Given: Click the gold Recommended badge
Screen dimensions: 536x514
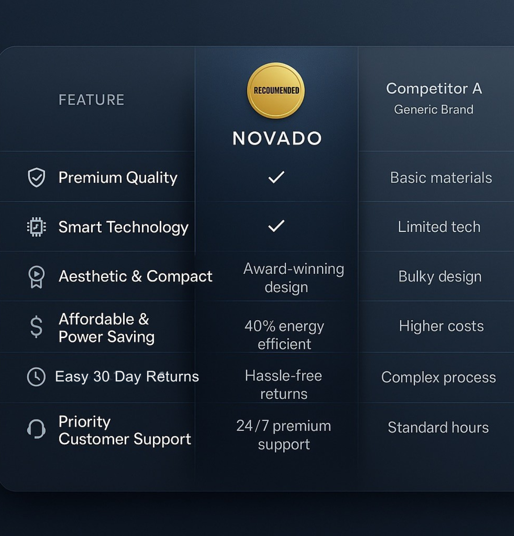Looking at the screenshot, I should pos(276,91).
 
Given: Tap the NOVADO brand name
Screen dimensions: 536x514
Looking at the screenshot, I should pos(277,138).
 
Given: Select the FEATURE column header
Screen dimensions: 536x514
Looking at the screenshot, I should pos(92,100).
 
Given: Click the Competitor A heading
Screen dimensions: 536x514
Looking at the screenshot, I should pos(434,88).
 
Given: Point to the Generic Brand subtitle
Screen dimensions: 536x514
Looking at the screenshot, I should pos(434,109).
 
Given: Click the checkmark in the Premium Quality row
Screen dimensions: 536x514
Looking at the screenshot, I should pos(276,177).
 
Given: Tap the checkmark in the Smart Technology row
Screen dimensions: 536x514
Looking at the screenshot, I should pos(276,226).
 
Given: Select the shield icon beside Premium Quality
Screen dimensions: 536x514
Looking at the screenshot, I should pos(36,177).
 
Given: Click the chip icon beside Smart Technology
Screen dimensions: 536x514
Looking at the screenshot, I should pos(36,227).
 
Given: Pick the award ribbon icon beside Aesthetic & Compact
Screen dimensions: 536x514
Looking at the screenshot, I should pos(36,277).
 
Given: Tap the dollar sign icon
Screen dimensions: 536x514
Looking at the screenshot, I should pos(36,327).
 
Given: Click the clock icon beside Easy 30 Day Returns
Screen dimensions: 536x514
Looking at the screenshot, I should pos(36,377).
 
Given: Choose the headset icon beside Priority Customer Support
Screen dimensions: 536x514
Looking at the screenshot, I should pos(36,429).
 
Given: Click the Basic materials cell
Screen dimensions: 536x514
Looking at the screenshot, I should pos(441,178).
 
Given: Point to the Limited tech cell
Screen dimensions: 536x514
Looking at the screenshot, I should pos(439,227).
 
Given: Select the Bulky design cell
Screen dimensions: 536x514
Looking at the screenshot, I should pos(440,276).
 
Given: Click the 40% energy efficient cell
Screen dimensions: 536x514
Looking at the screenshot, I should pos(284,335).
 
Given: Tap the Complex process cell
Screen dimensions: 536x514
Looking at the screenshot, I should pos(438,377).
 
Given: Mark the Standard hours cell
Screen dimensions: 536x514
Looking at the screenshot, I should pos(438,427).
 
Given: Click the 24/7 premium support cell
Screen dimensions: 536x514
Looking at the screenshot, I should pos(284,435).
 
